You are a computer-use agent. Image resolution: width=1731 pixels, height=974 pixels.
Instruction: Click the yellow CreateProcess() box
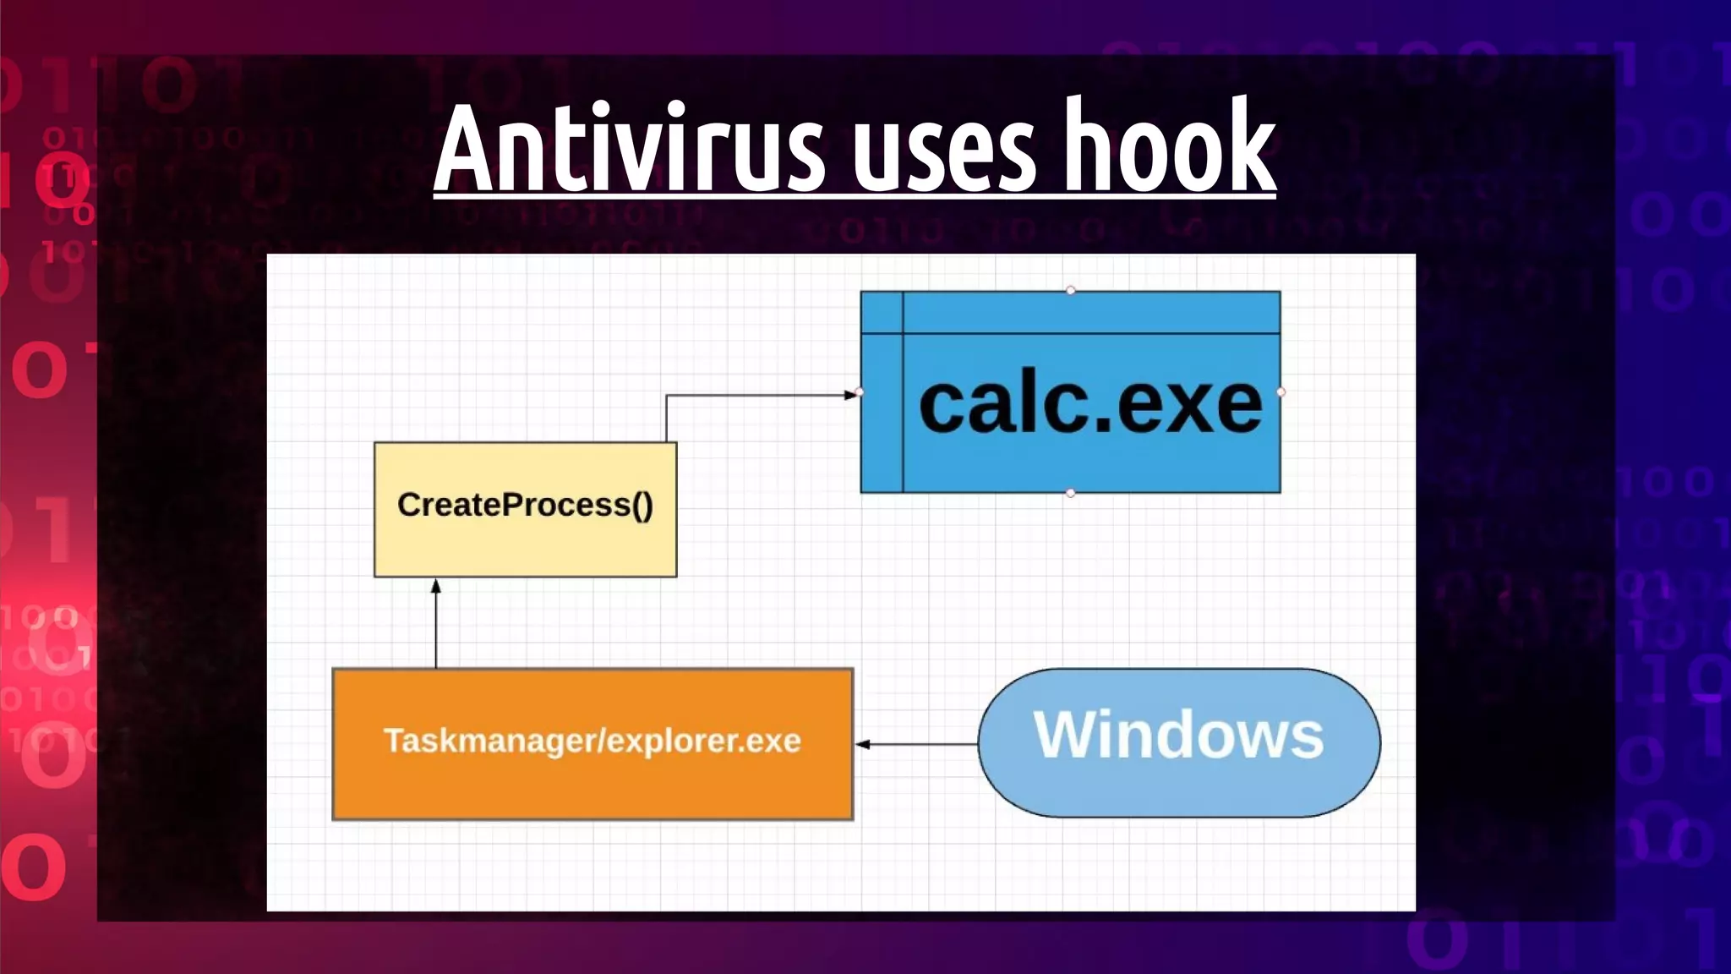(525, 541)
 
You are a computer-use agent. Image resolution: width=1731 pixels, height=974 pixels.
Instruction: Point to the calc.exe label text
(1089, 405)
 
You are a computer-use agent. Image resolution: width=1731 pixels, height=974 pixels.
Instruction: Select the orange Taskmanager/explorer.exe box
(592, 786)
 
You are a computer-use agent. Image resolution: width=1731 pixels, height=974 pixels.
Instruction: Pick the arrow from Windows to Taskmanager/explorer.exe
(917, 744)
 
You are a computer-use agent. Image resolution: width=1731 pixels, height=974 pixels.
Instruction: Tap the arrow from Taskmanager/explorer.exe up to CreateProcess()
(436, 626)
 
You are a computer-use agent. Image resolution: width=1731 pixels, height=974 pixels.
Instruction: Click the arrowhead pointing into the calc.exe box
(851, 394)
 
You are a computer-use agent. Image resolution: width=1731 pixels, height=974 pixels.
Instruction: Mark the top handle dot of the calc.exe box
(1071, 291)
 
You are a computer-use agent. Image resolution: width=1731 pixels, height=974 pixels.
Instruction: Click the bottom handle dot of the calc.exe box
(1071, 493)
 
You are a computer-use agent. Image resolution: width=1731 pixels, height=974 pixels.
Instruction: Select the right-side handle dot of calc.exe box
(1281, 392)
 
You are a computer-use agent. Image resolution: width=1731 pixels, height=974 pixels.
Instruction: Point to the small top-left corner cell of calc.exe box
(882, 312)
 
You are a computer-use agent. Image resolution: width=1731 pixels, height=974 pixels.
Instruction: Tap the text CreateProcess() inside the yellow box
(525, 505)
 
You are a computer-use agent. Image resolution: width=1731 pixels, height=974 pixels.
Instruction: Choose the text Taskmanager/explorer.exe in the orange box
(592, 741)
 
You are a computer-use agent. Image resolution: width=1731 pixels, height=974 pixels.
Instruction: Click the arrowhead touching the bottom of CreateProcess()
(436, 586)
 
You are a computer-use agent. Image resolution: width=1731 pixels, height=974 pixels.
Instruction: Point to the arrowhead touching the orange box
(863, 744)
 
